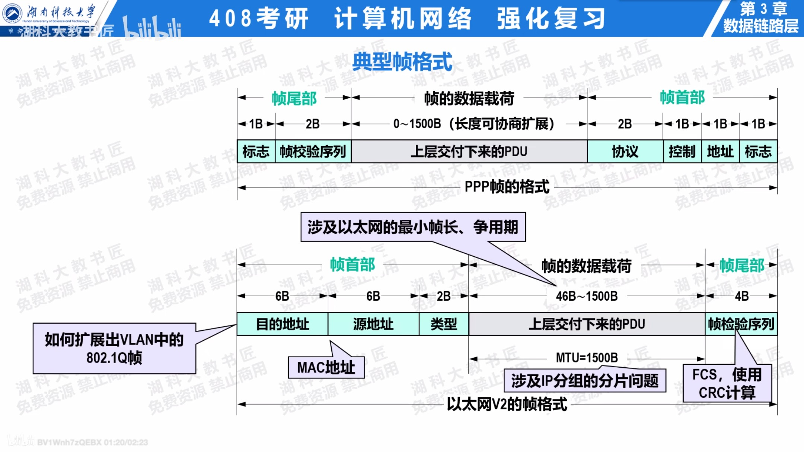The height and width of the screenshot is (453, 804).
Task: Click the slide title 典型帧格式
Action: (x=402, y=62)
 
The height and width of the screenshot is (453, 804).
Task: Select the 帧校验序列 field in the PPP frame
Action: (x=313, y=152)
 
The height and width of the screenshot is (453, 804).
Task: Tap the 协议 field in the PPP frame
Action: (x=625, y=152)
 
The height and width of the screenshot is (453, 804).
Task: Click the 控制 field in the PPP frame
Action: (x=682, y=152)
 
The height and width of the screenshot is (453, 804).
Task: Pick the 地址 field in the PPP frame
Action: (x=720, y=152)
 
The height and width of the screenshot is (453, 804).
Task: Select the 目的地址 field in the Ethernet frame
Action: (x=282, y=324)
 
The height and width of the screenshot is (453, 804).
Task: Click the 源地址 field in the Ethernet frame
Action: (x=373, y=324)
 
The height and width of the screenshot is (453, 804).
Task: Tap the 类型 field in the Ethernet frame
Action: (x=444, y=324)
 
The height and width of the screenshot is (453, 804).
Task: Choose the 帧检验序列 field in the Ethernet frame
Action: (x=741, y=324)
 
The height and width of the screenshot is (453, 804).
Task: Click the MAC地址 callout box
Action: (x=326, y=368)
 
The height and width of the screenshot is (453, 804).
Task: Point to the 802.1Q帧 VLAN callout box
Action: (x=114, y=348)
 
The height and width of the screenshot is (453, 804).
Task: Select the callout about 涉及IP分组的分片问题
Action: (x=584, y=381)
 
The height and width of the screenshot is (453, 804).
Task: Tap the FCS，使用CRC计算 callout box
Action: (x=727, y=383)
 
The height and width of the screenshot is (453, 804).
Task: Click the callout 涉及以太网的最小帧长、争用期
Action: (x=413, y=227)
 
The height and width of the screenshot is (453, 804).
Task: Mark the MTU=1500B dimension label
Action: (x=587, y=358)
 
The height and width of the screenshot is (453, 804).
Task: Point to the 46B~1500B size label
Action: (x=587, y=296)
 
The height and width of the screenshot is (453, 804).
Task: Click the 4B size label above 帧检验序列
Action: (x=741, y=296)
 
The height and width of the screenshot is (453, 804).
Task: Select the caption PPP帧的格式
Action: (x=507, y=187)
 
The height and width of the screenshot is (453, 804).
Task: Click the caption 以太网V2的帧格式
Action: (x=507, y=404)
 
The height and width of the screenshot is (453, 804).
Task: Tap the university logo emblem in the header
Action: (x=12, y=13)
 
